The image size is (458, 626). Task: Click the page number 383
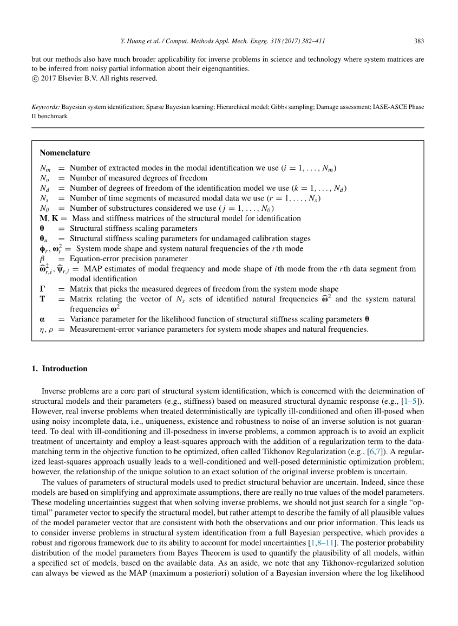click(419, 41)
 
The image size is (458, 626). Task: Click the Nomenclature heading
click(65, 153)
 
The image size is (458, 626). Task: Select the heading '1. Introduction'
click(60, 369)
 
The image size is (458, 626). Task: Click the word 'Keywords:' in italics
click(45, 107)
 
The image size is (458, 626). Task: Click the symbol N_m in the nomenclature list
click(45, 168)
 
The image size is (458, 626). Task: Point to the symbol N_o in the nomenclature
click(45, 178)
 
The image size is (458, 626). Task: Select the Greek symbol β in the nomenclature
click(43, 259)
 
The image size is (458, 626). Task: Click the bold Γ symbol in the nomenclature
click(42, 289)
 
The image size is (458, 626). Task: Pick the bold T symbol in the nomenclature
click(42, 299)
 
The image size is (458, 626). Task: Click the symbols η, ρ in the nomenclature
click(47, 329)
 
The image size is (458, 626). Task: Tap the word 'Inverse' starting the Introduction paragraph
click(54, 391)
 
